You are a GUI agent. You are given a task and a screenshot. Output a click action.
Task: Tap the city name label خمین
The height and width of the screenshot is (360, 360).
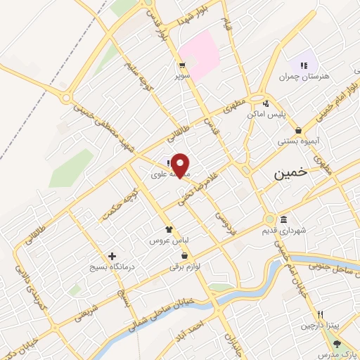tap(290, 172)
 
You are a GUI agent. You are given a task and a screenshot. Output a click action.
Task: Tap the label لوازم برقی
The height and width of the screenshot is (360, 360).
tap(185, 266)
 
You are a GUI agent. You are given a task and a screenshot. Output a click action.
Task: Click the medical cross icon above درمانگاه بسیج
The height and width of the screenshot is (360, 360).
tap(111, 256)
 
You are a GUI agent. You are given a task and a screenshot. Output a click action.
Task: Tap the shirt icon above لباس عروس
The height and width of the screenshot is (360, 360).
tap(168, 229)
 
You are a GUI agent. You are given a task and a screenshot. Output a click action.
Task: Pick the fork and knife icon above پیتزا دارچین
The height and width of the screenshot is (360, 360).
tap(321, 314)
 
